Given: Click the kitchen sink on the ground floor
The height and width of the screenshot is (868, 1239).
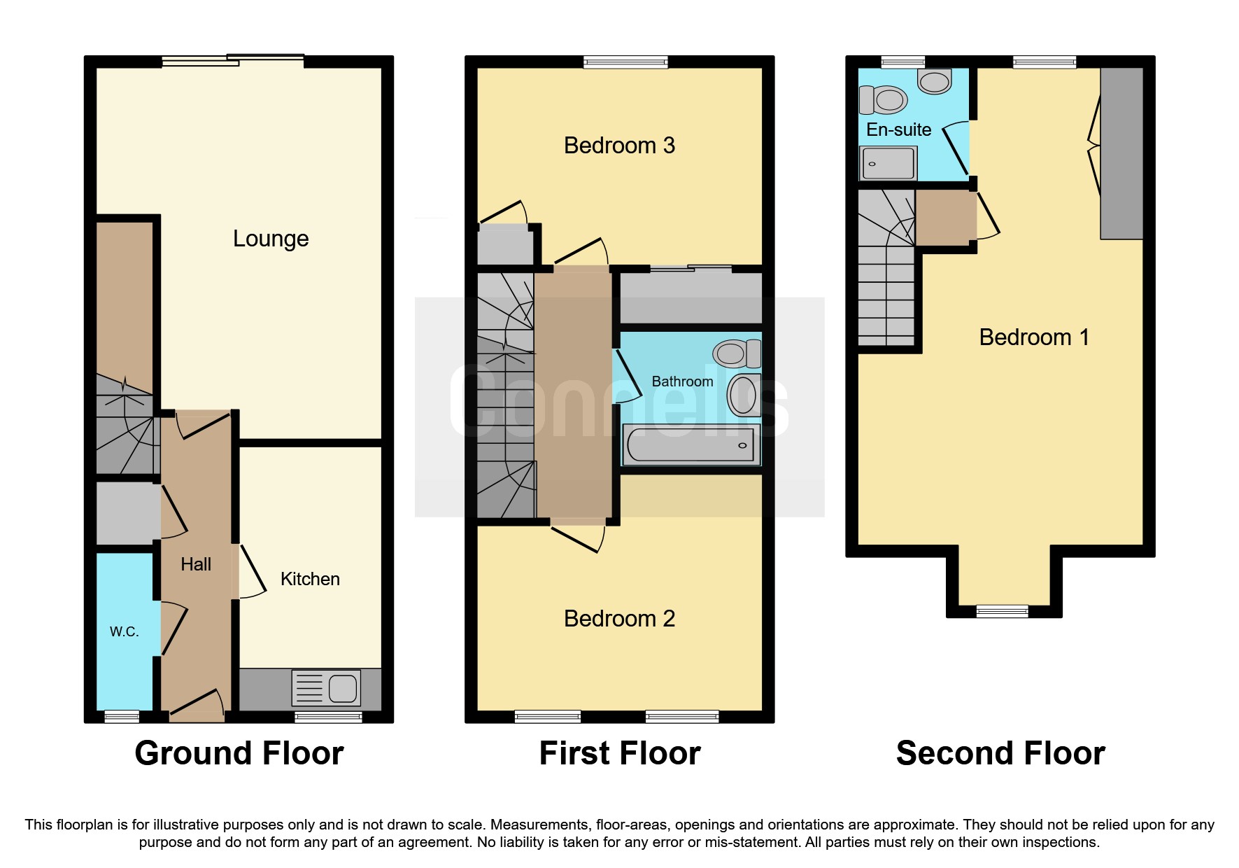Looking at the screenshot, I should pyautogui.click(x=327, y=687).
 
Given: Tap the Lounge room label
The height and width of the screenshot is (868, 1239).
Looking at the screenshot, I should pyautogui.click(x=271, y=239).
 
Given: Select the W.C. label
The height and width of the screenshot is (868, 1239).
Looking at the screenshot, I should pyautogui.click(x=124, y=631).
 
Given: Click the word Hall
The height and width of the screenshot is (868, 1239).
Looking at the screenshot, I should pyautogui.click(x=196, y=564).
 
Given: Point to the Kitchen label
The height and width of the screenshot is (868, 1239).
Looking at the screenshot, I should pyautogui.click(x=310, y=579).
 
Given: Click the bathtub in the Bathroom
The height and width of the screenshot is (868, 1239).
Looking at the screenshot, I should pyautogui.click(x=691, y=445).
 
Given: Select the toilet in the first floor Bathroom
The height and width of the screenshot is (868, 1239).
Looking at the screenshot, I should pyautogui.click(x=739, y=353).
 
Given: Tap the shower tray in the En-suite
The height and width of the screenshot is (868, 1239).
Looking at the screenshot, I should pyautogui.click(x=888, y=163).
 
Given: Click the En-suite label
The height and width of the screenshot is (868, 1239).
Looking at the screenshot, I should pyautogui.click(x=898, y=129).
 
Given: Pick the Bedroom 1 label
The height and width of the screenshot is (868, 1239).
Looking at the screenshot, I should pyautogui.click(x=1033, y=337).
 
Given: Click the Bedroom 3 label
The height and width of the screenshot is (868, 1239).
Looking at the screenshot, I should pyautogui.click(x=619, y=146).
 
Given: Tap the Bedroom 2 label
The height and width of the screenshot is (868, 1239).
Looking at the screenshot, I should pyautogui.click(x=619, y=619).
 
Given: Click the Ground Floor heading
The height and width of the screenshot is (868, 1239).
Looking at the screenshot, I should pyautogui.click(x=239, y=753).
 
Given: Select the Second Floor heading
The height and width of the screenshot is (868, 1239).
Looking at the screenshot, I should pyautogui.click(x=1000, y=753).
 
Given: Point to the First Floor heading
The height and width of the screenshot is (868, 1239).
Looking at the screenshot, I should pyautogui.click(x=619, y=753).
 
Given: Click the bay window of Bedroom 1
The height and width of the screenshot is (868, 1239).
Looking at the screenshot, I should pyautogui.click(x=1003, y=611).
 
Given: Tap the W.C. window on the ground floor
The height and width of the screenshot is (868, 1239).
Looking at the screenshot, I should pyautogui.click(x=122, y=716).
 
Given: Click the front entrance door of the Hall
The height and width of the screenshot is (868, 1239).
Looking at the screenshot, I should pyautogui.click(x=197, y=707).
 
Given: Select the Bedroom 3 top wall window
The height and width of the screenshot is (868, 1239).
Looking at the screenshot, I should pyautogui.click(x=625, y=62).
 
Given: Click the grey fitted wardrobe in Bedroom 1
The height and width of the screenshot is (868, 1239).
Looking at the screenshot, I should pyautogui.click(x=1121, y=154).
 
